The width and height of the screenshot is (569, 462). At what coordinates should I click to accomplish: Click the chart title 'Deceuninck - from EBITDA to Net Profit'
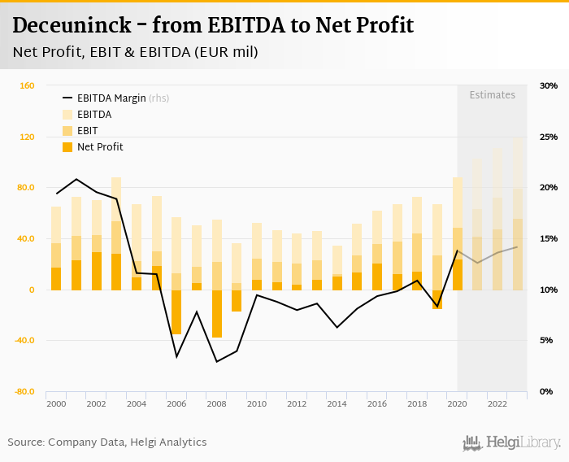pyautogui.click(x=213, y=25)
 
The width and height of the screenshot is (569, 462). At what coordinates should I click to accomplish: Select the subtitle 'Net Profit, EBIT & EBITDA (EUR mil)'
pyautogui.click(x=135, y=53)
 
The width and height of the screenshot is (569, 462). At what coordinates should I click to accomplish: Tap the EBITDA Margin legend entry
pyautogui.click(x=111, y=98)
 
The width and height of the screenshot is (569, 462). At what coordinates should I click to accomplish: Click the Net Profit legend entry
pyautogui.click(x=100, y=147)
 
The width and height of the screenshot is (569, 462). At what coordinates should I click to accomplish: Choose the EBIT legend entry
pyautogui.click(x=87, y=131)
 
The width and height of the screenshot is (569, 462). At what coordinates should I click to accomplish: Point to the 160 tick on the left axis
pyautogui.click(x=26, y=85)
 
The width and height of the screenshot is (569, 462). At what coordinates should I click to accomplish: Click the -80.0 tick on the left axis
pyautogui.click(x=23, y=391)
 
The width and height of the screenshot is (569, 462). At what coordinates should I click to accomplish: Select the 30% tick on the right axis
pyautogui.click(x=548, y=85)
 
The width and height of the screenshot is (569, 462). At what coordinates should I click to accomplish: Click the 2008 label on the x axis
pyautogui.click(x=216, y=404)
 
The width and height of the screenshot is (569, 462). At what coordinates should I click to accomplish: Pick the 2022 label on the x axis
pyautogui.click(x=497, y=404)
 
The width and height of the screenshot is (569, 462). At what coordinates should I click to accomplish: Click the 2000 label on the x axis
pyautogui.click(x=56, y=404)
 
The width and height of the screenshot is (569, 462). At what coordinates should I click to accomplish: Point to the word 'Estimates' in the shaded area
pyautogui.click(x=492, y=95)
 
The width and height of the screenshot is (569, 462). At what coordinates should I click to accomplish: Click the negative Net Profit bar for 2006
pyautogui.click(x=176, y=312)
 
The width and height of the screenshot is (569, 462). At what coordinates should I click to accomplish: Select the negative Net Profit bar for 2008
pyautogui.click(x=216, y=313)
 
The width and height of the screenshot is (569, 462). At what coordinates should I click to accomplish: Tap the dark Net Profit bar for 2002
pyautogui.click(x=97, y=271)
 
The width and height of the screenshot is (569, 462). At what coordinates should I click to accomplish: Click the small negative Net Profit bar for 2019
pyautogui.click(x=437, y=299)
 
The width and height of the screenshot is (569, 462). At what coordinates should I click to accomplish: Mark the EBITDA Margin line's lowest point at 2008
pyautogui.click(x=216, y=361)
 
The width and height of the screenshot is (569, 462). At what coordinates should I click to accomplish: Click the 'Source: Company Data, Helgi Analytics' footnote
pyautogui.click(x=107, y=442)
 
